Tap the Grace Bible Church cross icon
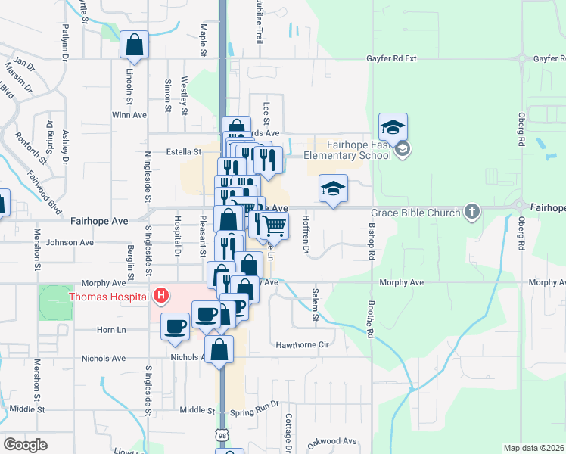coord(472,212)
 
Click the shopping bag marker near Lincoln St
coord(134,45)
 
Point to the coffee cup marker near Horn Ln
coord(175,326)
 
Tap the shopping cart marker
coord(275,225)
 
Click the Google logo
coord(25,445)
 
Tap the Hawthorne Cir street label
coord(303,344)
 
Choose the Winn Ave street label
coord(129,115)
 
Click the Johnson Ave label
coord(70,243)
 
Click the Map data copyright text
coord(533,448)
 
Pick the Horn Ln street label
coord(110,330)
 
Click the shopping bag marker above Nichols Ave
coord(219,350)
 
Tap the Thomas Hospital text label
coord(108,297)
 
